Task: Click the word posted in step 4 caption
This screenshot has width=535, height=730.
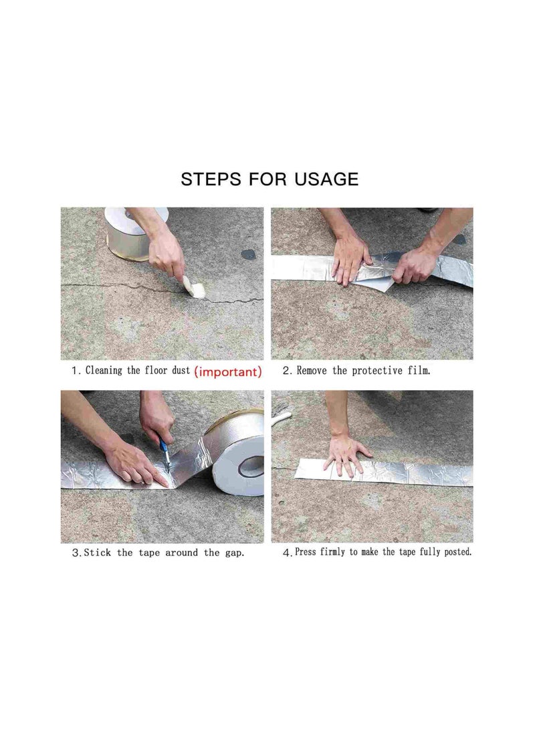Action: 456,553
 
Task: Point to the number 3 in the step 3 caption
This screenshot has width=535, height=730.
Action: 76,553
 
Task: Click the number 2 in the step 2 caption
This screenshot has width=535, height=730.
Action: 286,371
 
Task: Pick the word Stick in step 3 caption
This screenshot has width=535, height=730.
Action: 100,553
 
